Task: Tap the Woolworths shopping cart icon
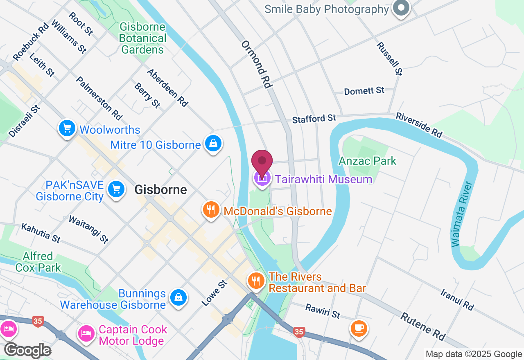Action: pos(68,129)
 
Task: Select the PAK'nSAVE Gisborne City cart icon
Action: pos(116,189)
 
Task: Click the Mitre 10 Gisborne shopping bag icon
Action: pos(213,143)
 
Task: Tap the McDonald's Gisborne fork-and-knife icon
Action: pos(211,210)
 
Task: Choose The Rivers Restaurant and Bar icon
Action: pos(256,281)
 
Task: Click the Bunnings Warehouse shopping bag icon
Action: pos(178,297)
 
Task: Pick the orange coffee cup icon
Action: pos(359,328)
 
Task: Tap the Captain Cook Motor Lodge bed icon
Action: pos(86,333)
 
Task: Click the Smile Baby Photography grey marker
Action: pos(401,8)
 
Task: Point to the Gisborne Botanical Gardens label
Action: pos(143,38)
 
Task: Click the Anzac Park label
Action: pos(367,161)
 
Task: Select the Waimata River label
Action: pos(462,214)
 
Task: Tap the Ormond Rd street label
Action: pos(257,64)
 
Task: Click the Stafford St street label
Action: pos(314,119)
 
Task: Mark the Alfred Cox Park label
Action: pos(38,262)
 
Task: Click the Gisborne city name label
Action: pos(160,190)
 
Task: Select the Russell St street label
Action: pos(389,58)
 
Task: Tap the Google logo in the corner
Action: pos(27,350)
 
